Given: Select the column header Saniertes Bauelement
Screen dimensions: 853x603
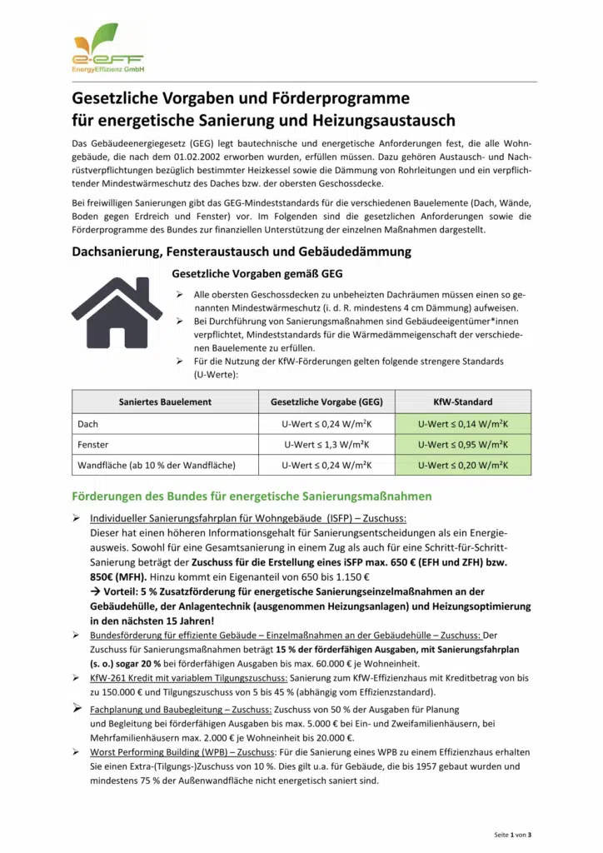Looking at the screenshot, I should click(165, 402).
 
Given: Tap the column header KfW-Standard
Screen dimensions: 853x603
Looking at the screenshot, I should click(463, 402).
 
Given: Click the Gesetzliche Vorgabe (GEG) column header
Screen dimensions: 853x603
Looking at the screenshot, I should click(326, 402).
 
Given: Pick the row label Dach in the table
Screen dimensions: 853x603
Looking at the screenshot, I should click(87, 424).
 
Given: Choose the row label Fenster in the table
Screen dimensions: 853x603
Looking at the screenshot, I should click(92, 445).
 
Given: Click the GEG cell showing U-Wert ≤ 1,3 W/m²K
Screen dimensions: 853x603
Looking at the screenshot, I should click(326, 445).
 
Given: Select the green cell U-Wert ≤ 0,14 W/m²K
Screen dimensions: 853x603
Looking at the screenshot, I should click(463, 424).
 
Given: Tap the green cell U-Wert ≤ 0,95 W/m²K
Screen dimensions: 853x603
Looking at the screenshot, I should click(463, 445).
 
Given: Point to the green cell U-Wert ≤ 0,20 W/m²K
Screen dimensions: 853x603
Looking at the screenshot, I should click(463, 465).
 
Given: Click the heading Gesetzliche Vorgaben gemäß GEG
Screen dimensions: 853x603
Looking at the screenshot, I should click(257, 273).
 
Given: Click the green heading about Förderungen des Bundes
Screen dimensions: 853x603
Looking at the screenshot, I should click(252, 496).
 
